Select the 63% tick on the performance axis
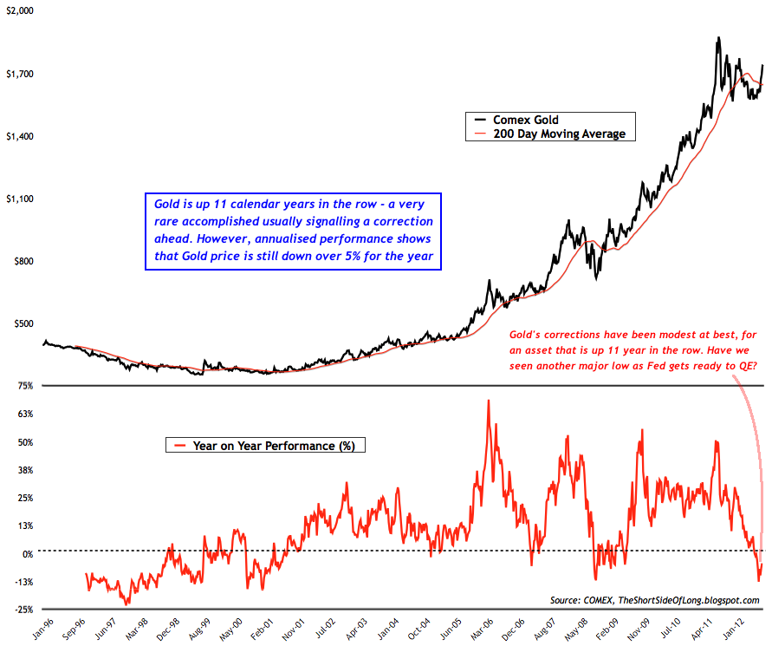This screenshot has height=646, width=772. coord(23,414)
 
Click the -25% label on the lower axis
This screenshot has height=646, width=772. coord(22,610)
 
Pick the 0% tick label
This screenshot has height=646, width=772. coord(26,554)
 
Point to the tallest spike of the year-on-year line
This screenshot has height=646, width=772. coord(489,401)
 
